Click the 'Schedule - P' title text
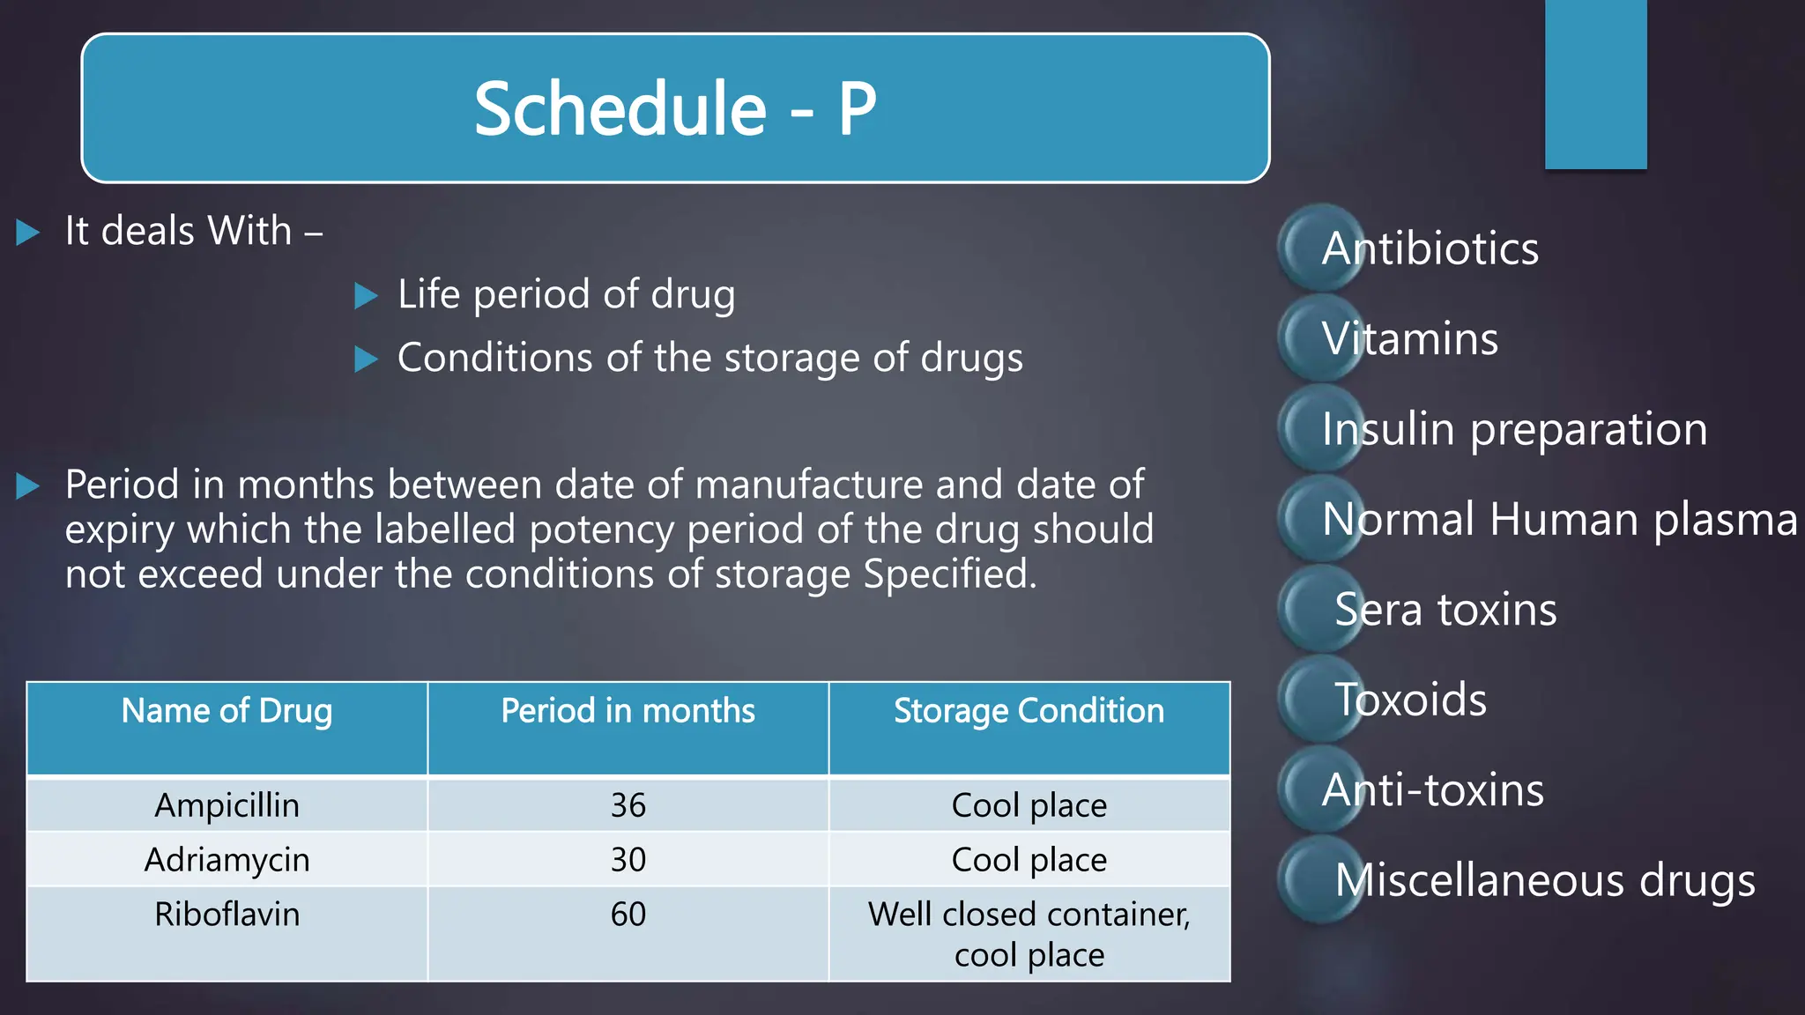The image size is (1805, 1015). [x=675, y=108]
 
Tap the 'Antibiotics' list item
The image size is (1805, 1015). [x=1430, y=248]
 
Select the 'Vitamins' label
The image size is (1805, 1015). [x=1409, y=338]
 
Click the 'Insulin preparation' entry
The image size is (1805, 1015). [x=1514, y=429]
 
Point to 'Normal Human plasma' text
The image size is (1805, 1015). [x=1559, y=519]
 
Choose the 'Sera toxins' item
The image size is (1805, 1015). [x=1445, y=610]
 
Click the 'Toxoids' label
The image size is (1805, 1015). [x=1410, y=700]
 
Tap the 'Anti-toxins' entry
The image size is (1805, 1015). [x=1432, y=789]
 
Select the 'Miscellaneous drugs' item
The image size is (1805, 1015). [x=1544, y=880]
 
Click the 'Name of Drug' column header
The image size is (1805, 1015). [x=227, y=711]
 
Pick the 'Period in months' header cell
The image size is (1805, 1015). [x=628, y=711]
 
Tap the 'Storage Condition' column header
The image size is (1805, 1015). [x=1029, y=711]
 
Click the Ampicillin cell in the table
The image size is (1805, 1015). [x=227, y=805]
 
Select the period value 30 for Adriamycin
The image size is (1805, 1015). [x=628, y=860]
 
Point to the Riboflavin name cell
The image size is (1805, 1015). [x=227, y=915]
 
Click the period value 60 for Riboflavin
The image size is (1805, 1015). [x=628, y=915]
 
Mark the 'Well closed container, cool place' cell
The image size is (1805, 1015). [x=1029, y=934]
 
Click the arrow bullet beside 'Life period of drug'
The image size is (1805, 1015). [x=366, y=296]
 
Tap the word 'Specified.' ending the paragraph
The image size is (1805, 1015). [x=949, y=574]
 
